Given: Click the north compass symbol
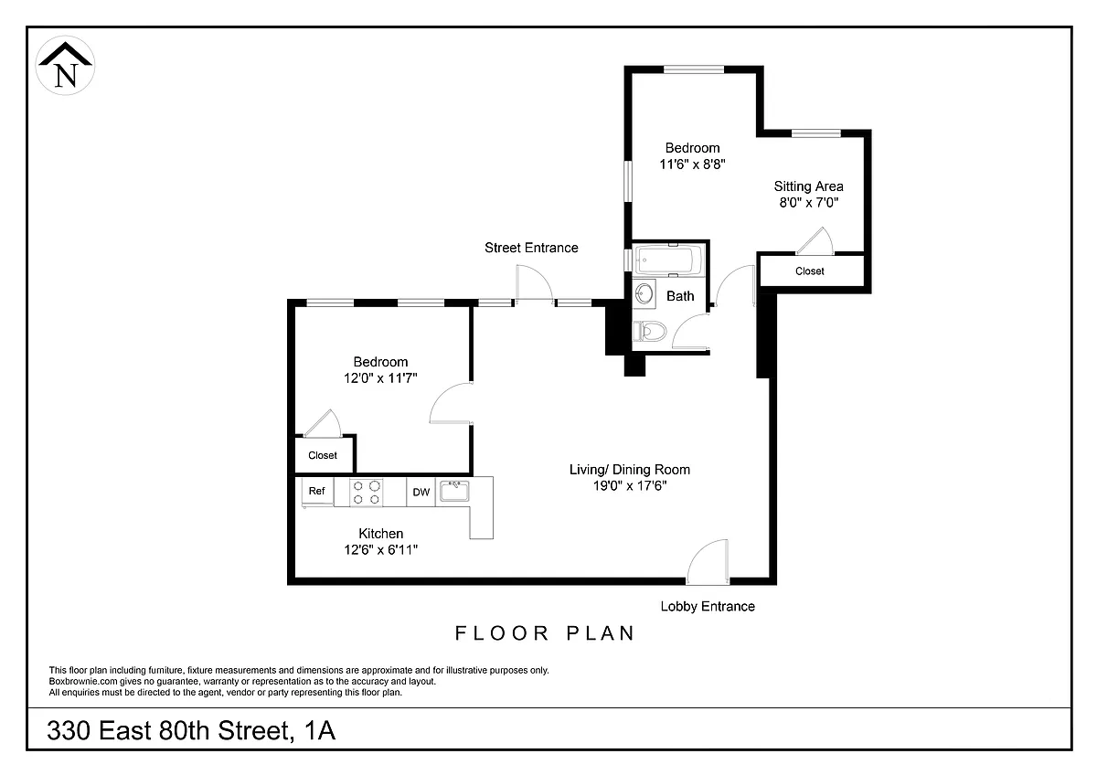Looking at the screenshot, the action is click(x=65, y=66).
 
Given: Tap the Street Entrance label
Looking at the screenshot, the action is click(x=531, y=248).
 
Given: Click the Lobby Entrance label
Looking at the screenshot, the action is click(x=708, y=607).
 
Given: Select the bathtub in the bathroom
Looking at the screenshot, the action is click(x=670, y=260).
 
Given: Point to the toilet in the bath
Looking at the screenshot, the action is click(x=650, y=331).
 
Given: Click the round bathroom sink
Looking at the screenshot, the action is click(x=644, y=294).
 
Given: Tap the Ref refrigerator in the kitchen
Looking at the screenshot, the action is click(x=317, y=492).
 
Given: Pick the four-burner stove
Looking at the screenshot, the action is click(x=367, y=493).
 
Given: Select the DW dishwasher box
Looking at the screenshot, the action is click(x=421, y=492).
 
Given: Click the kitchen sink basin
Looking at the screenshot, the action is click(x=454, y=491).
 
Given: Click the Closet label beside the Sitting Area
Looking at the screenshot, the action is click(x=810, y=271).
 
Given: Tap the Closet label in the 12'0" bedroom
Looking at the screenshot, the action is click(x=323, y=455).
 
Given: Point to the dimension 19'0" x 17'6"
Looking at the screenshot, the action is click(x=630, y=485).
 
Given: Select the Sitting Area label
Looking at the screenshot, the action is click(x=808, y=186).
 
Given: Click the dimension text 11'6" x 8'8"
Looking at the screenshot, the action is click(x=693, y=164).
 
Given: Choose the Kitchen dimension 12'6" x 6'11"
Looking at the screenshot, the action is click(x=381, y=550).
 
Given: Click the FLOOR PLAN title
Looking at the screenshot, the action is click(x=545, y=633).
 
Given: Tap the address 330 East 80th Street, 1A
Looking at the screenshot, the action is click(x=191, y=731).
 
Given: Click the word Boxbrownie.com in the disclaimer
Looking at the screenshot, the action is click(x=83, y=682).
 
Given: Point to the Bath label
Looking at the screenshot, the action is click(x=680, y=296).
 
